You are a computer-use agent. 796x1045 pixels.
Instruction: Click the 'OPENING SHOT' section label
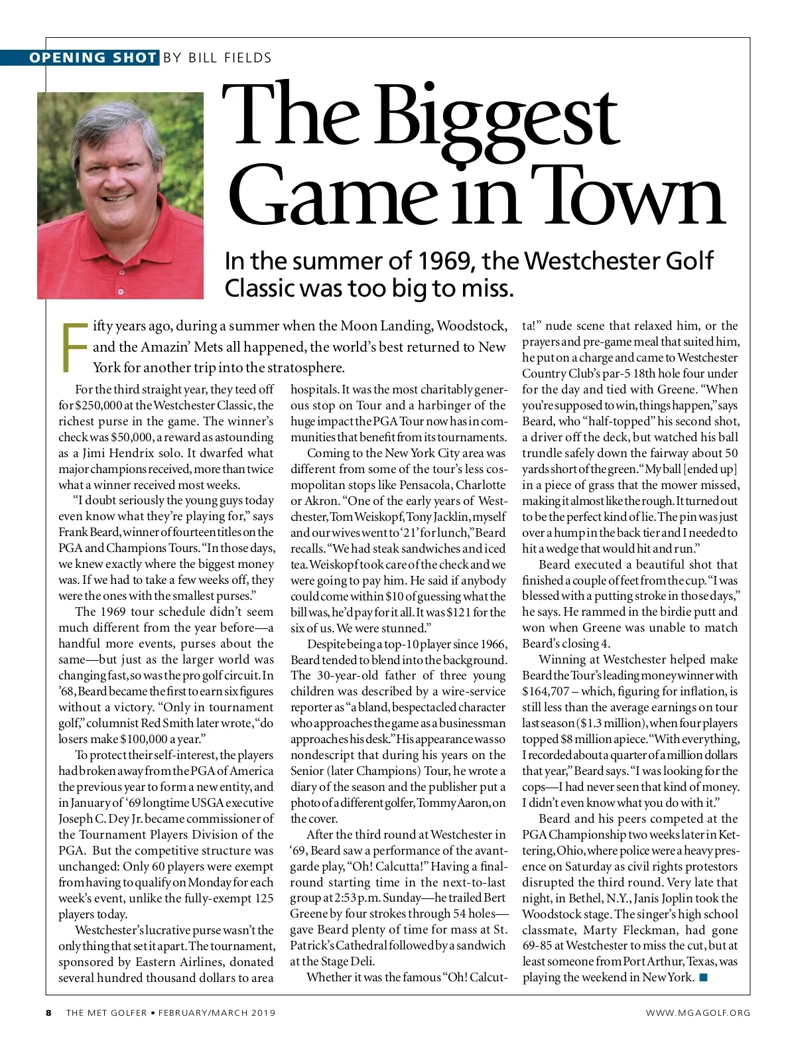tap(92, 58)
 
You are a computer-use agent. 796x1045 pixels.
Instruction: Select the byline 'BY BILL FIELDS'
tap(217, 58)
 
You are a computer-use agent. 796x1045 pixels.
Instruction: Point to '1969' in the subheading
tap(444, 261)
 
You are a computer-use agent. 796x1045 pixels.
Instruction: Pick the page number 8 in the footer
tap(48, 1012)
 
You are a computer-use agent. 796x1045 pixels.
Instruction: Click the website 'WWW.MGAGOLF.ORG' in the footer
tap(698, 1012)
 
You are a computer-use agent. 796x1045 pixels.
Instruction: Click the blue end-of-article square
tap(703, 977)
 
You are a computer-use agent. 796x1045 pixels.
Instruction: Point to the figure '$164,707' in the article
tap(546, 691)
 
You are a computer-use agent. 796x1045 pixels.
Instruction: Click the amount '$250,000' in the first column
tap(100, 405)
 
